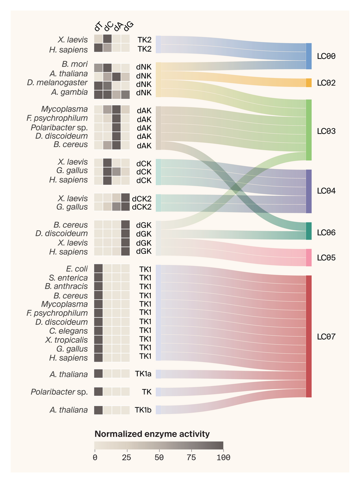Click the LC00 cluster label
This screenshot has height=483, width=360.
[326, 57]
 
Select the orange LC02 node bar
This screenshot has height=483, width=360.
[309, 83]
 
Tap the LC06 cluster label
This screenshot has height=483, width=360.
[326, 233]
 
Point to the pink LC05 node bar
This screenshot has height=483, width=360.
[309, 258]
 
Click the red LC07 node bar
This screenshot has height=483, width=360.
[309, 336]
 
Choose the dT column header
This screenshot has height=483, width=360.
[99, 27]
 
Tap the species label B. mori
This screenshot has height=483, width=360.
[75, 64]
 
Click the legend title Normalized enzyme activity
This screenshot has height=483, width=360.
[152, 434]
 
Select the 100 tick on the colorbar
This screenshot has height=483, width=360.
[223, 457]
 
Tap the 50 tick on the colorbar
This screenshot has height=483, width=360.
[159, 457]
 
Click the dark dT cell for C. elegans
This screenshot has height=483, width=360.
[99, 331]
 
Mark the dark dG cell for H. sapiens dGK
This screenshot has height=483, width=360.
[126, 251]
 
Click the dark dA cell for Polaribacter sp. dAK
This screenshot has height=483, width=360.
[117, 127]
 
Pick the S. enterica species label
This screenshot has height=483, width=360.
[69, 278]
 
